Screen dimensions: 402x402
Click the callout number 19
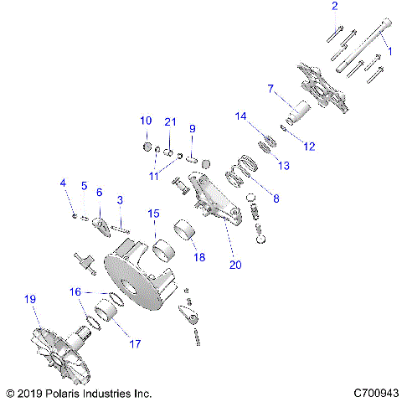(30, 299)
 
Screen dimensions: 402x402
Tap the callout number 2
(335, 7)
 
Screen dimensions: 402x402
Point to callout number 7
(271, 88)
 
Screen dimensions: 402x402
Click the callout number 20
(235, 265)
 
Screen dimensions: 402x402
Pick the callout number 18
(198, 257)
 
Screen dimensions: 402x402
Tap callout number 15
(152, 214)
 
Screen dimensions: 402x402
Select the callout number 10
(145, 119)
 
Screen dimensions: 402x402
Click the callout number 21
(170, 122)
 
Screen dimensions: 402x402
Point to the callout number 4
(62, 183)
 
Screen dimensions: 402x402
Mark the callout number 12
(309, 147)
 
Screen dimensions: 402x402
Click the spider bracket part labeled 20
(205, 193)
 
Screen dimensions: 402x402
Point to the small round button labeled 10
(146, 148)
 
